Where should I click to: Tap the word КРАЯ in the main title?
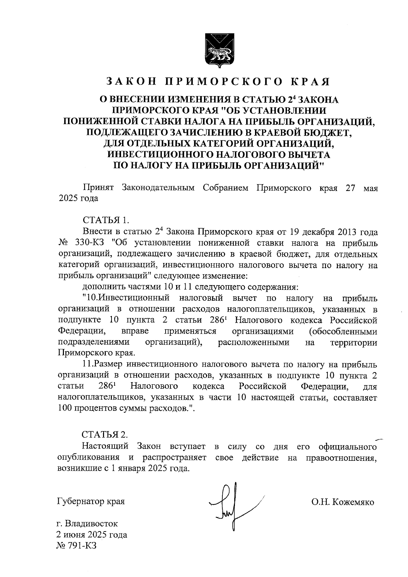click(x=310, y=81)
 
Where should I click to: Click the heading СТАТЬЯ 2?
click(x=105, y=435)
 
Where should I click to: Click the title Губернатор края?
click(x=91, y=501)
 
